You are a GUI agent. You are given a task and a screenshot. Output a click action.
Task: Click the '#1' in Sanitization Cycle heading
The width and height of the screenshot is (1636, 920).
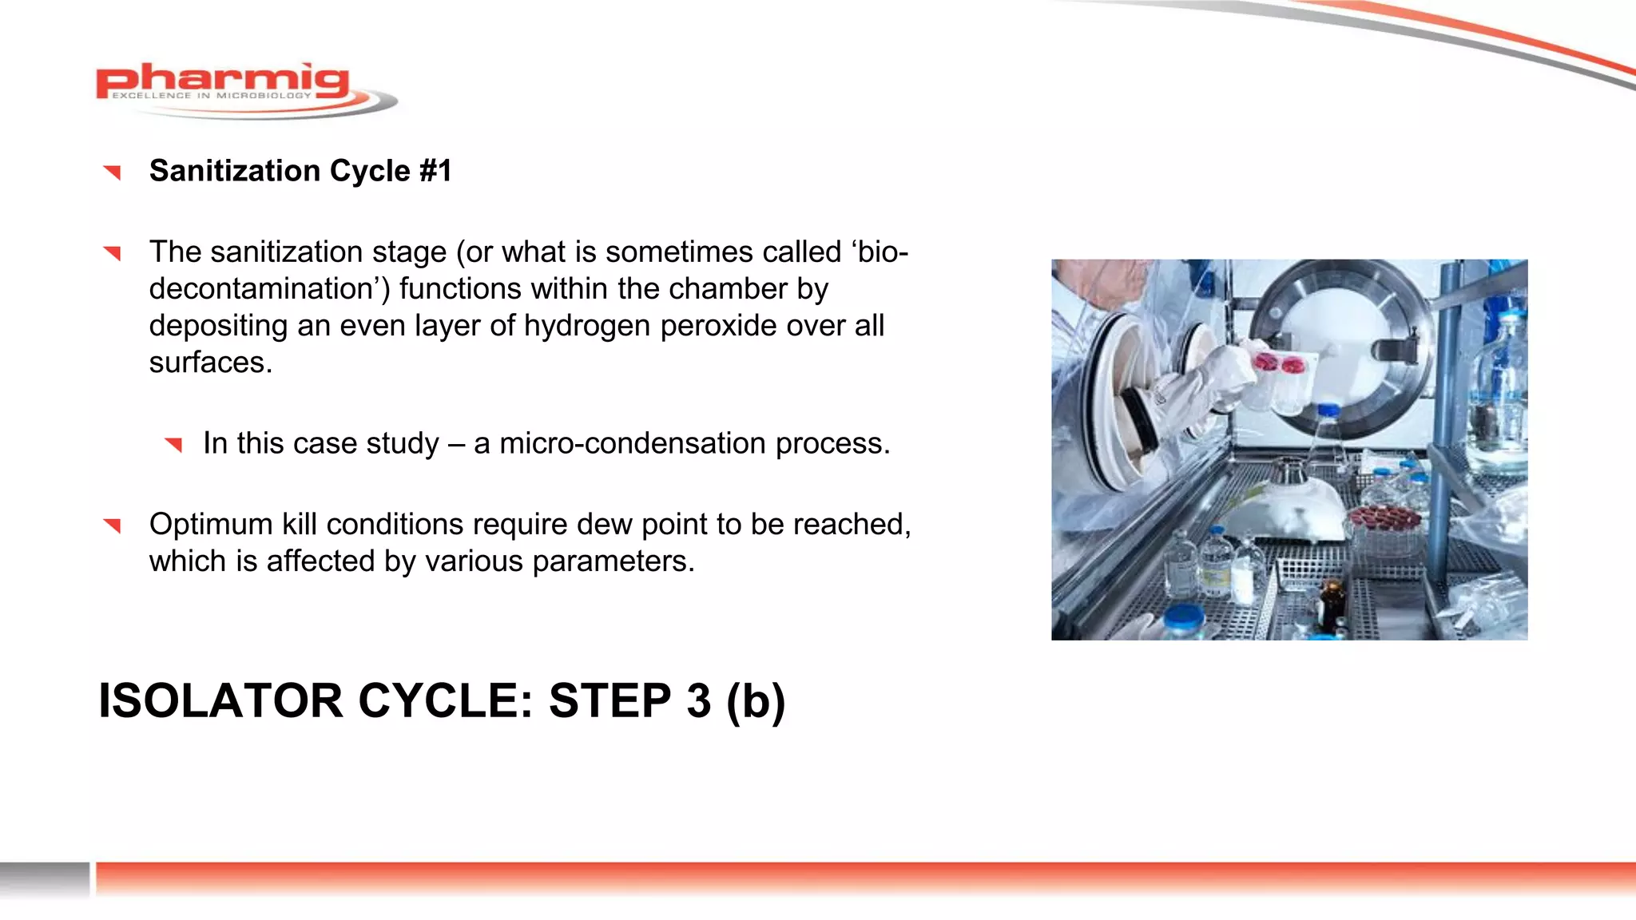click(435, 171)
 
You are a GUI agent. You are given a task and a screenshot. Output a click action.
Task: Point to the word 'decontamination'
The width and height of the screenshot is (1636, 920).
click(268, 289)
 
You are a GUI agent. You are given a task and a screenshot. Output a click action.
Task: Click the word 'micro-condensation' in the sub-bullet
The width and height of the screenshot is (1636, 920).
click(632, 443)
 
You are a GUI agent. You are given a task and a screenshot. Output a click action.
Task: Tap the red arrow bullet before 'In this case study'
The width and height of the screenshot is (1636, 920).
click(173, 444)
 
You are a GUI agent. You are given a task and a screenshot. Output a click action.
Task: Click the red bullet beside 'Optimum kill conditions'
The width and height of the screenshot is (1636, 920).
click(112, 525)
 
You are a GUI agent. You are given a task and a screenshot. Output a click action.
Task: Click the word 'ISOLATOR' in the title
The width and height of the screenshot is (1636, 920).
click(220, 701)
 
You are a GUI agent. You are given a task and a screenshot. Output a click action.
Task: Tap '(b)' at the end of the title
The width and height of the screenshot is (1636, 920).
click(756, 701)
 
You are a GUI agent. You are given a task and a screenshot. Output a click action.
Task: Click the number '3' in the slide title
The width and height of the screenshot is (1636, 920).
click(697, 701)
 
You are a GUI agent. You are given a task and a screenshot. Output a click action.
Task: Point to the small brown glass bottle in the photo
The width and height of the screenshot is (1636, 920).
click(1330, 605)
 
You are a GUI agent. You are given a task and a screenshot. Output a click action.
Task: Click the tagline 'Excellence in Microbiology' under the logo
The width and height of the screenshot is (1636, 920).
click(211, 96)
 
